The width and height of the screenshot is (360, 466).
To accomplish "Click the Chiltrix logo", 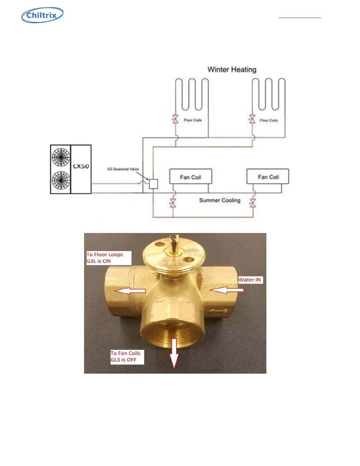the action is tap(42, 15).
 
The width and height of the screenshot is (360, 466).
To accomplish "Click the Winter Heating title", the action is tap(232, 70).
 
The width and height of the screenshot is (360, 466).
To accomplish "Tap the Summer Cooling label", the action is tap(220, 200).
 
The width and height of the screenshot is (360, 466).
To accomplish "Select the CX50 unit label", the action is tap(81, 167).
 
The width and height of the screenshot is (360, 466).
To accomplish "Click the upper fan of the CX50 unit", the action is tap(61, 157).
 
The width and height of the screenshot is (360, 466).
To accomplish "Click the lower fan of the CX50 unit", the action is tap(61, 180).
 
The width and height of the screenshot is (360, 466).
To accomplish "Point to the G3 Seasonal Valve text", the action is tap(123, 169).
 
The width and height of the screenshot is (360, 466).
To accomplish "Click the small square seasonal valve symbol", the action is tap(154, 184).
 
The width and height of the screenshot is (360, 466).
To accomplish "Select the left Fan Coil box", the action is tap(191, 177).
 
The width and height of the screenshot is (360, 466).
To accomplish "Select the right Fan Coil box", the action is tap(268, 177).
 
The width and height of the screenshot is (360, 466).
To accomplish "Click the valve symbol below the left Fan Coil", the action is tap(173, 203).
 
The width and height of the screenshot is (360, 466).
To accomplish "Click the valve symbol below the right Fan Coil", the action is tap(253, 203).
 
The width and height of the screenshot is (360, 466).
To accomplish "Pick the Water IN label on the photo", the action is tap(250, 280).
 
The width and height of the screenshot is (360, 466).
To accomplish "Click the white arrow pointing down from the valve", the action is tap(174, 353).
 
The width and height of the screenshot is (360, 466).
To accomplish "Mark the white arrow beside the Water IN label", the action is tap(227, 290).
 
